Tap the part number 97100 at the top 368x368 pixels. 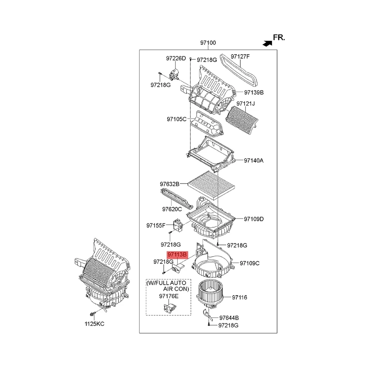coord(208,43)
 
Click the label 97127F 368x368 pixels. coord(240,57)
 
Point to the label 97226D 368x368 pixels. coord(176,58)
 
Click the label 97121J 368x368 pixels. coord(246,104)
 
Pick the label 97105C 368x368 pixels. coord(176,119)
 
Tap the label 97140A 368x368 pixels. coord(254,160)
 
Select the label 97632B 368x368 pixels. coord(169,184)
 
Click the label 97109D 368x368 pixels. coord(254,219)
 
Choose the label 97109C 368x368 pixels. coord(250,263)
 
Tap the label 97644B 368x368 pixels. coord(229,318)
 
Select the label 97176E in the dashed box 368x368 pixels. coord(169,296)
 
